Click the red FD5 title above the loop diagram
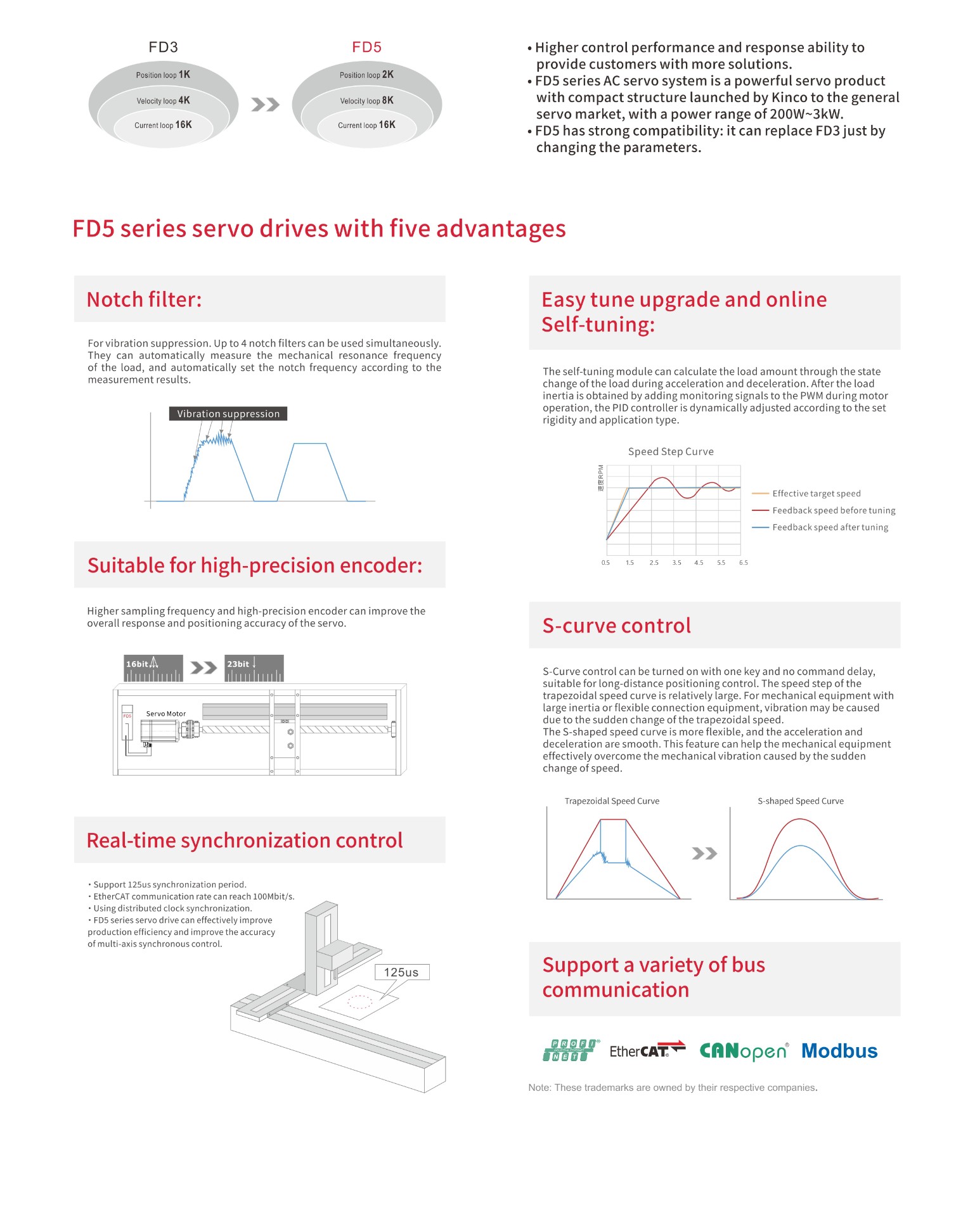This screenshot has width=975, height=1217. pos(366,47)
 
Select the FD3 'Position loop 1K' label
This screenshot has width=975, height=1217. pos(163,75)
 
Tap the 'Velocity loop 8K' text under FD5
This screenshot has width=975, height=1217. pos(366,101)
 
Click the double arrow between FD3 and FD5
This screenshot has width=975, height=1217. pos(265,105)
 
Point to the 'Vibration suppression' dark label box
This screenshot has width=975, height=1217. pos(228,414)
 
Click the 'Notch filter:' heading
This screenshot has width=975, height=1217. pos(144,299)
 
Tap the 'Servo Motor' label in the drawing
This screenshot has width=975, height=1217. pos(166,714)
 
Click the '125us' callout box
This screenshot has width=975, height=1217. pos(401,972)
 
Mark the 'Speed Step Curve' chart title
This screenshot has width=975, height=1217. pos(671,451)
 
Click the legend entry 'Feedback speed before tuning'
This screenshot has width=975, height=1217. pos(833,510)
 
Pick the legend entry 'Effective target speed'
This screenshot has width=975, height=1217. pos(816,494)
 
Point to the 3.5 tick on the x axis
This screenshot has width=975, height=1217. pos(676,563)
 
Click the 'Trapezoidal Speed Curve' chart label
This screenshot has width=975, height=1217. pos(612,801)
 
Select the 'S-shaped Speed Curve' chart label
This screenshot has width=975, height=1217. pos(801,801)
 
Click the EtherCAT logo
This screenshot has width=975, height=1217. pos(647,1050)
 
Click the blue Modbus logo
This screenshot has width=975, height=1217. pos(839,1051)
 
